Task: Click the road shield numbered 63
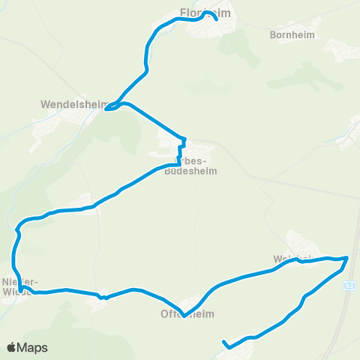(x=349, y=286)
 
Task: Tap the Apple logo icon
(x=12, y=347)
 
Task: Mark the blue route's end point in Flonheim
(x=217, y=20)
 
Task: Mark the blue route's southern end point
(x=223, y=343)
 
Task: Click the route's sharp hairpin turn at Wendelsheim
(x=106, y=109)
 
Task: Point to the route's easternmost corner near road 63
(x=347, y=258)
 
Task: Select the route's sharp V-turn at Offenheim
(x=184, y=315)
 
